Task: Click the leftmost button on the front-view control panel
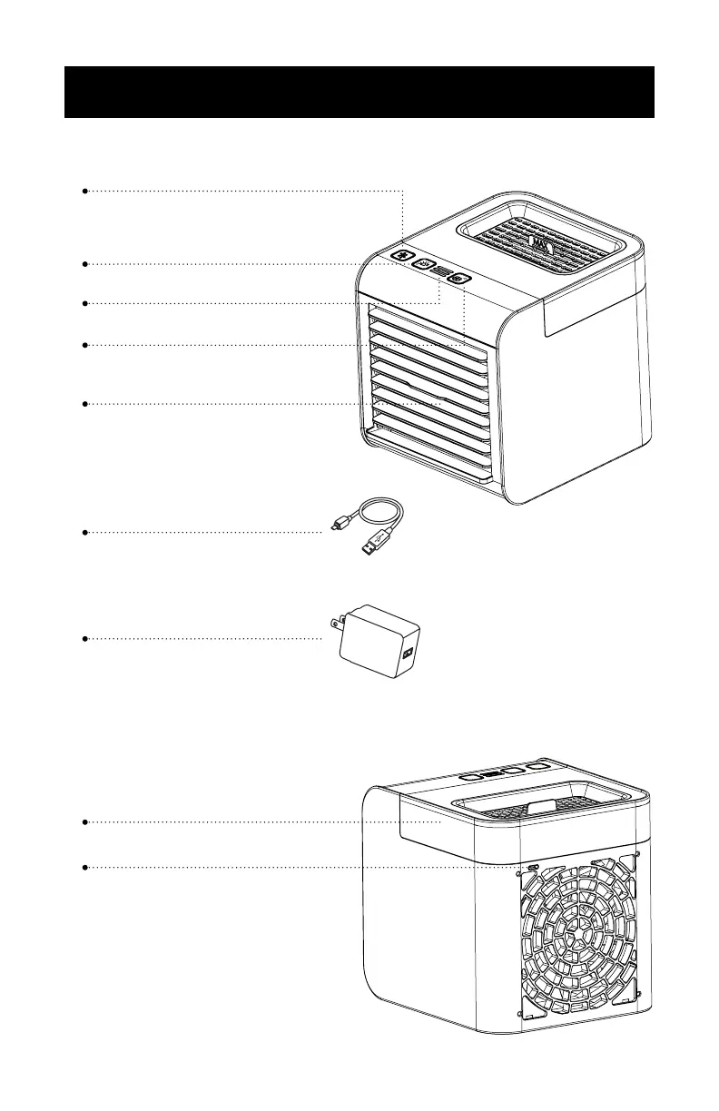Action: tap(402, 256)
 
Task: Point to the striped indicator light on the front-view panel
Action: tap(442, 271)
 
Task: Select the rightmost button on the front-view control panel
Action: tap(459, 279)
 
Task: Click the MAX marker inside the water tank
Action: tap(537, 244)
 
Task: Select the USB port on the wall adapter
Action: tap(406, 653)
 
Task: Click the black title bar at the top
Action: tap(359, 92)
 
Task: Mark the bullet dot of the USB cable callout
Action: tap(84, 532)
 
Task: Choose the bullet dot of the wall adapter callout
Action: tap(84, 639)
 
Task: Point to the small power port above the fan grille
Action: tap(532, 868)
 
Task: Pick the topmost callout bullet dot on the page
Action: tap(84, 192)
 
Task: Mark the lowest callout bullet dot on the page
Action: tap(84, 868)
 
